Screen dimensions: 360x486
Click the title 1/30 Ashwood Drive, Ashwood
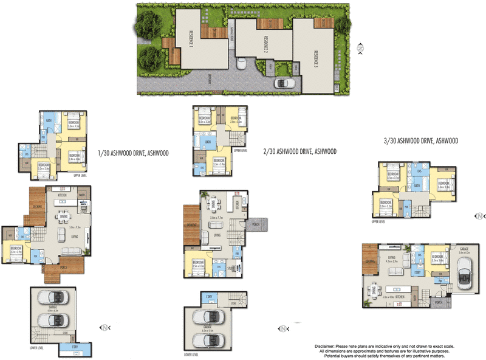(x=133, y=153)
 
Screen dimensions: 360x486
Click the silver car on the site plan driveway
(x=284, y=83)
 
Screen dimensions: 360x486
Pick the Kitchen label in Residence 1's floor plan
(x=63, y=195)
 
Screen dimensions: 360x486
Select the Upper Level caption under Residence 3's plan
(x=378, y=222)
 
